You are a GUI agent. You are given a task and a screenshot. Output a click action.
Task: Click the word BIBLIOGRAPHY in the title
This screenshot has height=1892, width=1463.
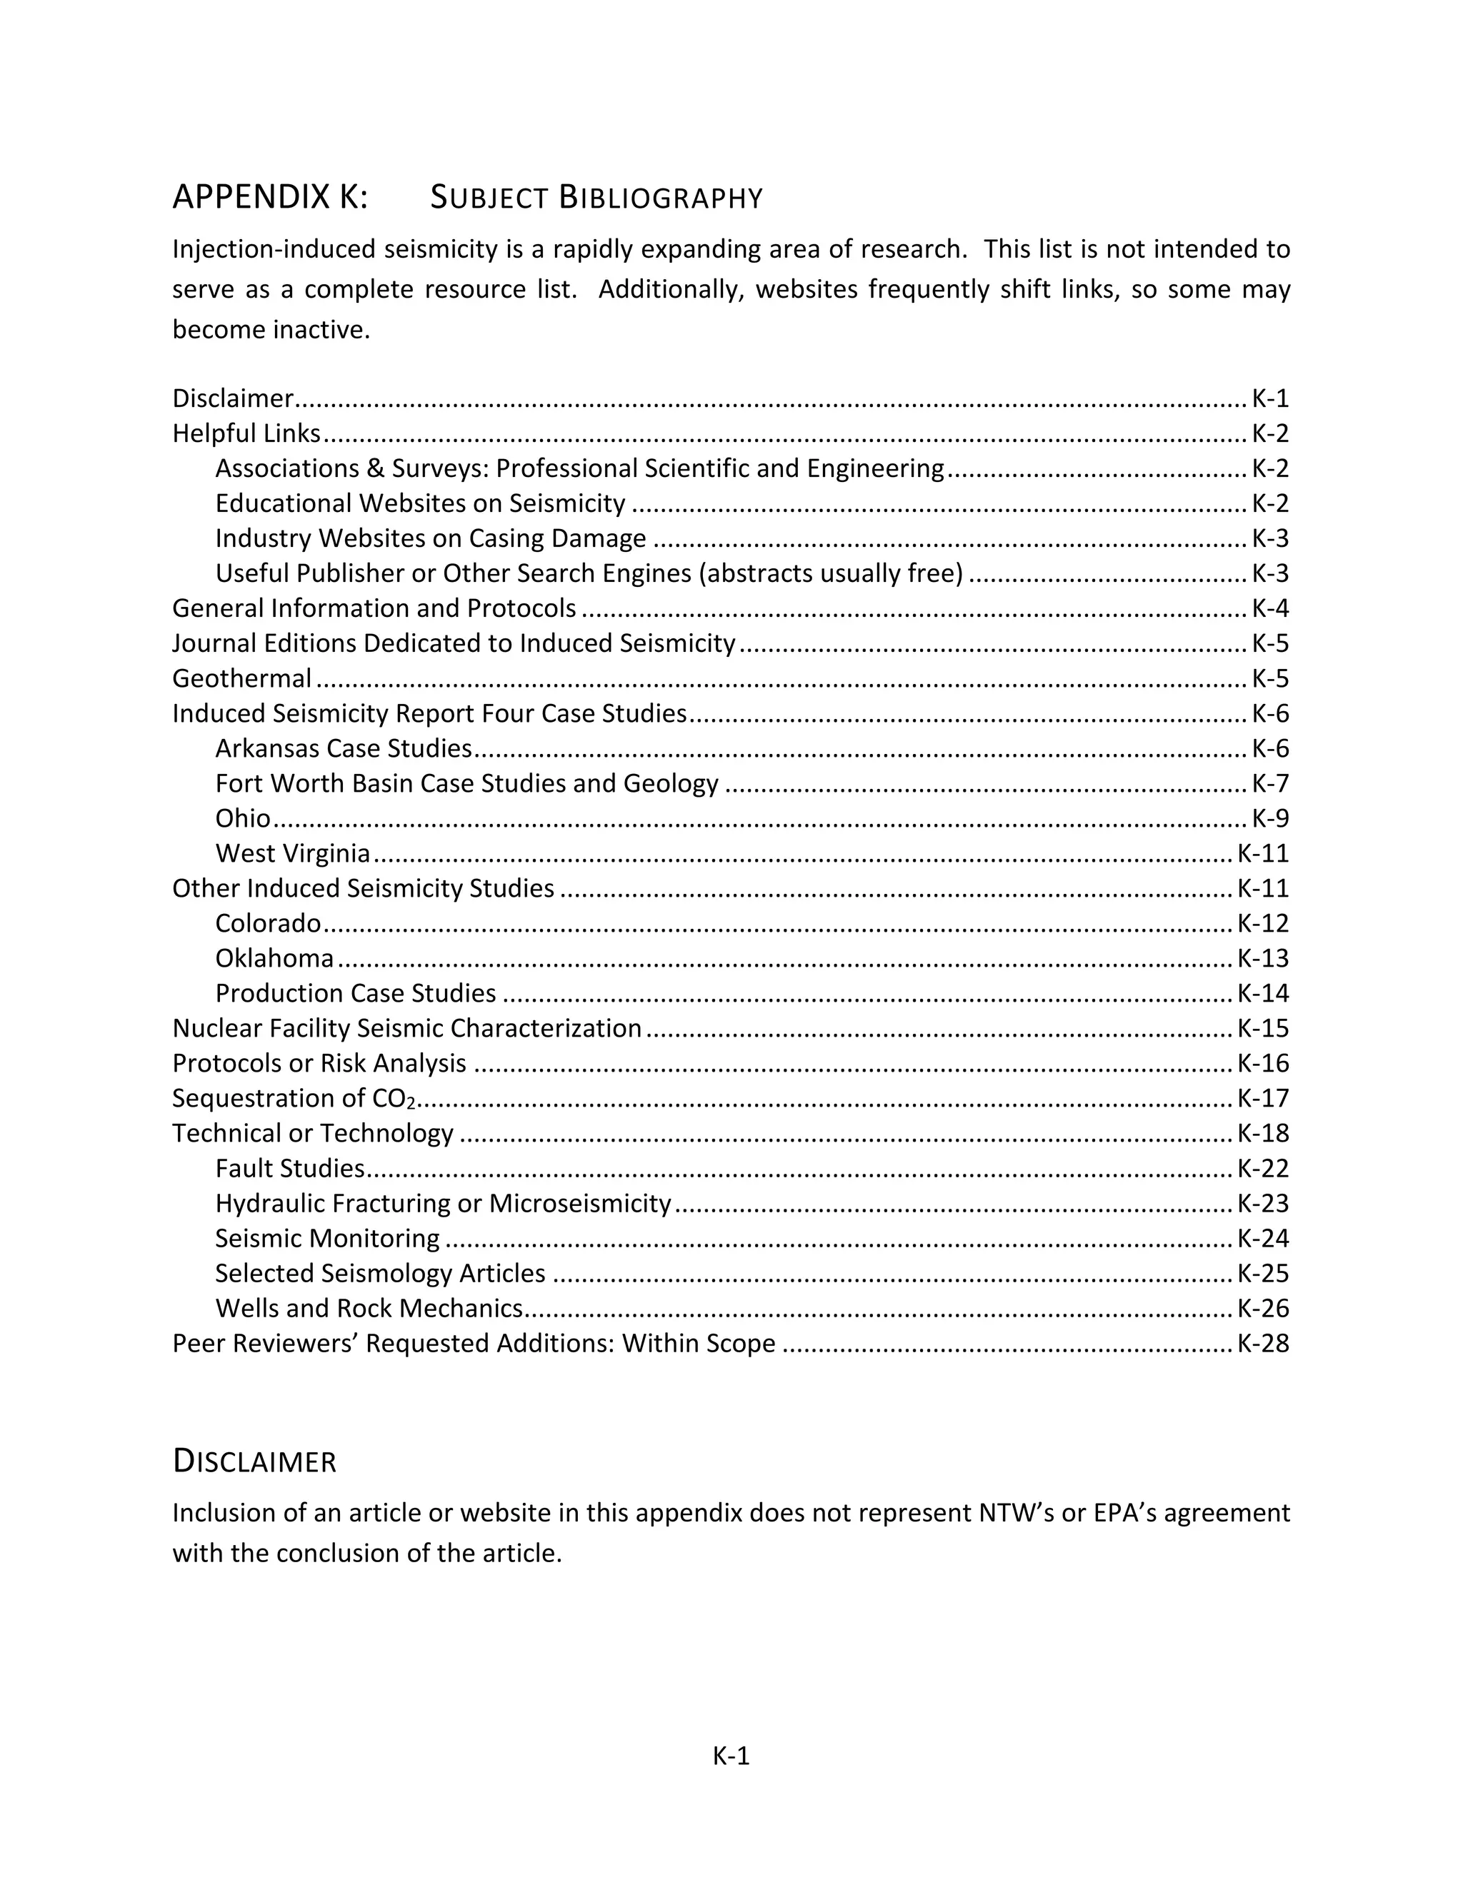point(661,198)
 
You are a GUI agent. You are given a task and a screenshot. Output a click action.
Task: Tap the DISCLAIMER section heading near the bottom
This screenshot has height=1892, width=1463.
point(254,1461)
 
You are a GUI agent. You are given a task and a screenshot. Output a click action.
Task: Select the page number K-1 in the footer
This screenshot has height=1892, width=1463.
point(731,1756)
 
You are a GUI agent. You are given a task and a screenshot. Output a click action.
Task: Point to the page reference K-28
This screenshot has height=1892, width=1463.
point(1262,1344)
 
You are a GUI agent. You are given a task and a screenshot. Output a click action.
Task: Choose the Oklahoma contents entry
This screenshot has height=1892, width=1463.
point(274,958)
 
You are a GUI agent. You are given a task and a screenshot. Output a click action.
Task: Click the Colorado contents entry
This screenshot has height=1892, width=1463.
point(268,923)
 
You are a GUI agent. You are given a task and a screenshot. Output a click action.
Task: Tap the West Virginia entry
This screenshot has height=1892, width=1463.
point(292,853)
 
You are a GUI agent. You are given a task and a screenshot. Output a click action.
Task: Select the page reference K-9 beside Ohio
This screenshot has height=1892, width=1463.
point(1269,819)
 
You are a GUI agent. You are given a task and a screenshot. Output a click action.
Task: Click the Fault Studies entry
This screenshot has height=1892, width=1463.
point(289,1169)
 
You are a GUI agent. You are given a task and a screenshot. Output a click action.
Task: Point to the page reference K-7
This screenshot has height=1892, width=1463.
point(1269,784)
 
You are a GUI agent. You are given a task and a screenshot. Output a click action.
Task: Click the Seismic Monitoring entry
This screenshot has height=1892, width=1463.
point(326,1239)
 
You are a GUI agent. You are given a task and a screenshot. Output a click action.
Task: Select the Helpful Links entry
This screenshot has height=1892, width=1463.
point(246,433)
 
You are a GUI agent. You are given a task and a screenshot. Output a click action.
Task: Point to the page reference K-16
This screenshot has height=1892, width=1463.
point(1262,1064)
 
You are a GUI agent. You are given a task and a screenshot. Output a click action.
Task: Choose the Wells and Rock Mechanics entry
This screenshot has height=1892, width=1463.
point(369,1308)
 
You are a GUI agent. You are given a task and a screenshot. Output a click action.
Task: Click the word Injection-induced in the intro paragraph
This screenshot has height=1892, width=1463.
point(274,249)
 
